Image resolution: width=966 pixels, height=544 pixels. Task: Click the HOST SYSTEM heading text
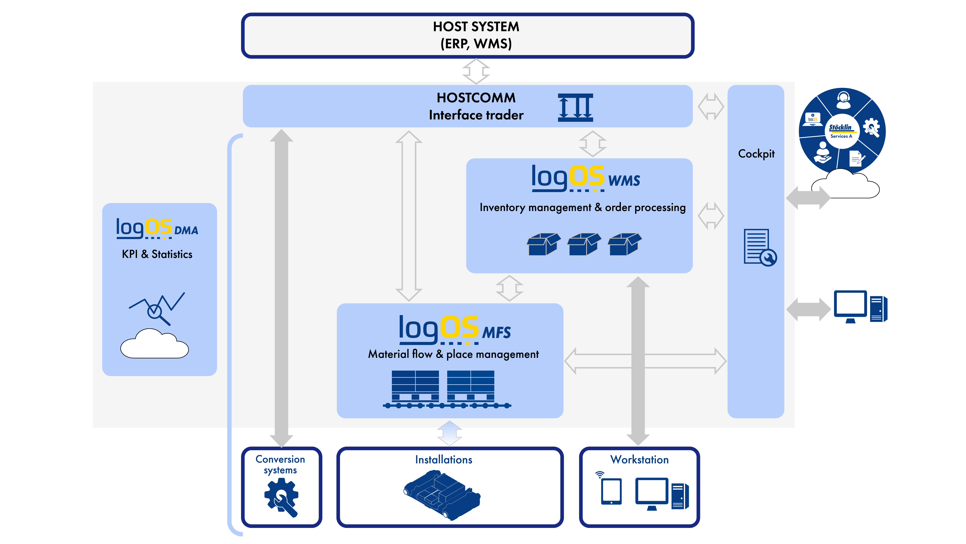[x=476, y=27]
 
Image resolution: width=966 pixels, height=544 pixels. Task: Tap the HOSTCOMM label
[x=476, y=98]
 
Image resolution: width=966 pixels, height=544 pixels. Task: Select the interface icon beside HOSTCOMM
[x=575, y=108]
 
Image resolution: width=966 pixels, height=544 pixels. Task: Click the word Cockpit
[x=756, y=154]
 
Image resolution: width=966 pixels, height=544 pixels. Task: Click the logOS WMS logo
[x=585, y=179]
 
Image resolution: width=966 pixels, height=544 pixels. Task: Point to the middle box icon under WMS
[x=584, y=244]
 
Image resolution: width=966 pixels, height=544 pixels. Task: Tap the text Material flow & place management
[x=453, y=354]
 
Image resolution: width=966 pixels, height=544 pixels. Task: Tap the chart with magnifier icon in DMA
[x=157, y=308]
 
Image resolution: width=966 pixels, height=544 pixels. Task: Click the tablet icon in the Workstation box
[x=611, y=491]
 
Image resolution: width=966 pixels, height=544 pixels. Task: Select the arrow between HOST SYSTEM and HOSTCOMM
[x=476, y=71]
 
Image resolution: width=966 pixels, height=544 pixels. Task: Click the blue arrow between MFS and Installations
[x=450, y=433]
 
